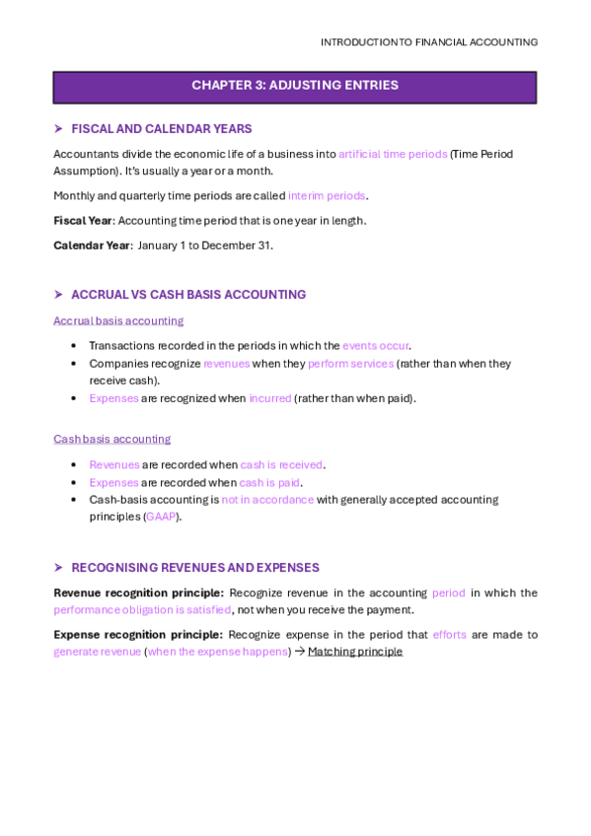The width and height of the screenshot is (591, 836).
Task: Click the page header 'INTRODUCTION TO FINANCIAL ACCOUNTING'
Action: pyautogui.click(x=429, y=42)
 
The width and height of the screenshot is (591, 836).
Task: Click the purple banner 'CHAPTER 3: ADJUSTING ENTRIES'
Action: pyautogui.click(x=295, y=86)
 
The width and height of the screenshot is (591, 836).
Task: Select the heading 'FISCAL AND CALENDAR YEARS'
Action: pyautogui.click(x=161, y=129)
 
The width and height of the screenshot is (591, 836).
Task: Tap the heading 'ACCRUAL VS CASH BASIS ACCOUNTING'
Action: pyautogui.click(x=188, y=295)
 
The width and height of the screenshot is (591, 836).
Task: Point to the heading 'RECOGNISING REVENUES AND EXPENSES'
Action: pyautogui.click(x=195, y=568)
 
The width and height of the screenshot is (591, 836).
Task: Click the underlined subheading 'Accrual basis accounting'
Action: pyautogui.click(x=118, y=320)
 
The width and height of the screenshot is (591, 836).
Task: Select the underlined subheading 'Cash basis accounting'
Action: pyautogui.click(x=111, y=439)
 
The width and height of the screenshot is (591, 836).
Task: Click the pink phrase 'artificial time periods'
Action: pyautogui.click(x=393, y=154)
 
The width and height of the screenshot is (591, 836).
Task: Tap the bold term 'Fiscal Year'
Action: pyautogui.click(x=83, y=221)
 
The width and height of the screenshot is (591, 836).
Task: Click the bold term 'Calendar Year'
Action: pyautogui.click(x=92, y=245)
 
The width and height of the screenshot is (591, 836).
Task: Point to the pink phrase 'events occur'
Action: pyautogui.click(x=376, y=346)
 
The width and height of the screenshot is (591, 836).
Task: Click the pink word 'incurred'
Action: pyautogui.click(x=269, y=398)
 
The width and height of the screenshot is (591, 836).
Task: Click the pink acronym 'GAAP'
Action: pyautogui.click(x=160, y=517)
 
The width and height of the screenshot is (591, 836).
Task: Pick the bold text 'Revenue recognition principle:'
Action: pyautogui.click(x=138, y=593)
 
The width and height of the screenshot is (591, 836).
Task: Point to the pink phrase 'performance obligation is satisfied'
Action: pyautogui.click(x=142, y=610)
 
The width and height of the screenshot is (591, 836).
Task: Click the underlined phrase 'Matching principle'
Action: pyautogui.click(x=355, y=652)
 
